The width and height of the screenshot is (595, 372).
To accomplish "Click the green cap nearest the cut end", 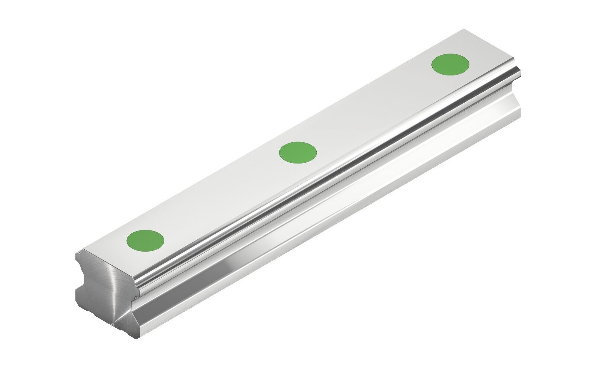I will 145,240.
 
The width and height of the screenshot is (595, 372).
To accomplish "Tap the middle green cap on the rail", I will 298,152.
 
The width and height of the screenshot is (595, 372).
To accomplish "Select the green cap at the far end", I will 450,64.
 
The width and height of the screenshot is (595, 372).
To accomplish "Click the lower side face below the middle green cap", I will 316,216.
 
